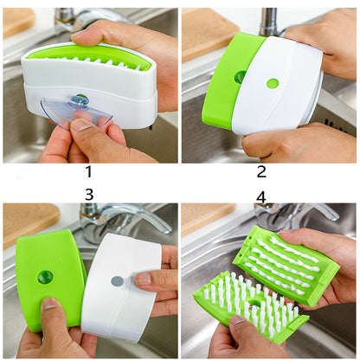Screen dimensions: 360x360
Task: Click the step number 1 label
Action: pos(87,172)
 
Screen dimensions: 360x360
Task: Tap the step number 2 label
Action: pos(261,171)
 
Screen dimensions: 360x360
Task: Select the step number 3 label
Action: pos(87,196)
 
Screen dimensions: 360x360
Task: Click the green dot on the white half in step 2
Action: pos(273,84)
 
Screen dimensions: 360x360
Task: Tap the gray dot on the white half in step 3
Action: pos(117,281)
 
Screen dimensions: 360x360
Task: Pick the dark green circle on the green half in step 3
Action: pos(45,277)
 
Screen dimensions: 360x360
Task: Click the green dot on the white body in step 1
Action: pos(80,100)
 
